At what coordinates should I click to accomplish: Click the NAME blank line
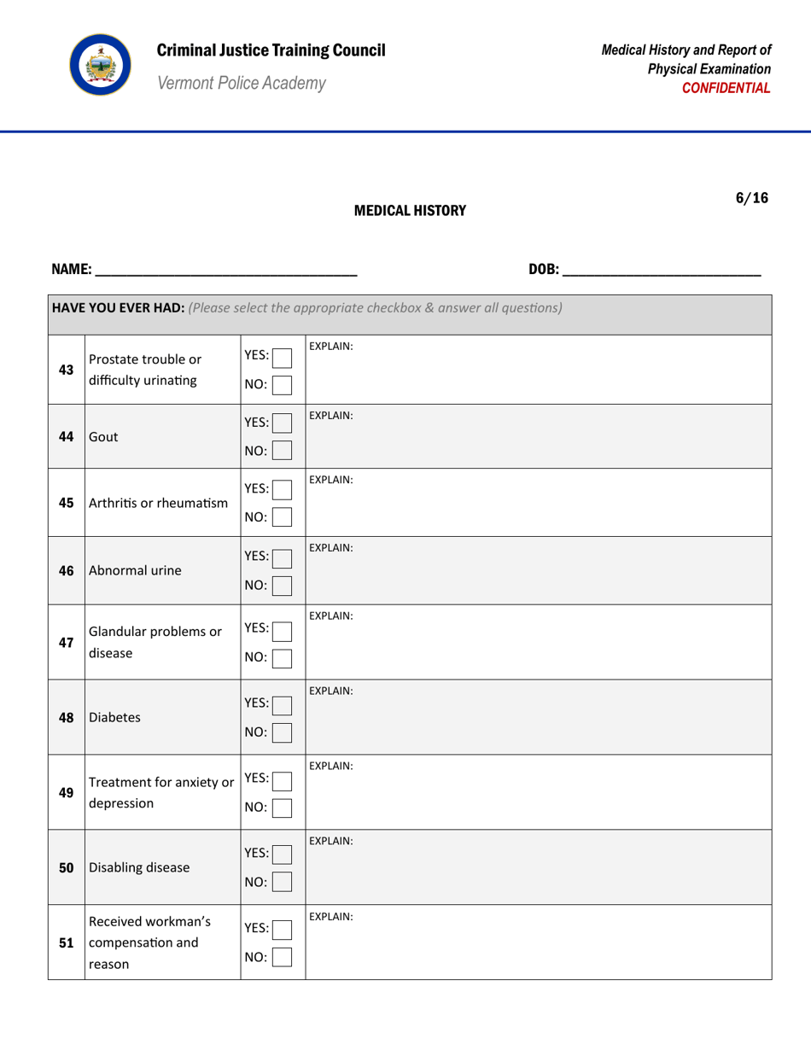225,270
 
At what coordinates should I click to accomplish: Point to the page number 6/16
751,198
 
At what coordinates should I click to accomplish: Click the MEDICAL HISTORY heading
410,211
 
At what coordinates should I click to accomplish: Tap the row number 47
66,642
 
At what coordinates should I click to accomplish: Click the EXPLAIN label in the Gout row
331,414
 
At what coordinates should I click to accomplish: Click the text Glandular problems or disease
155,641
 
